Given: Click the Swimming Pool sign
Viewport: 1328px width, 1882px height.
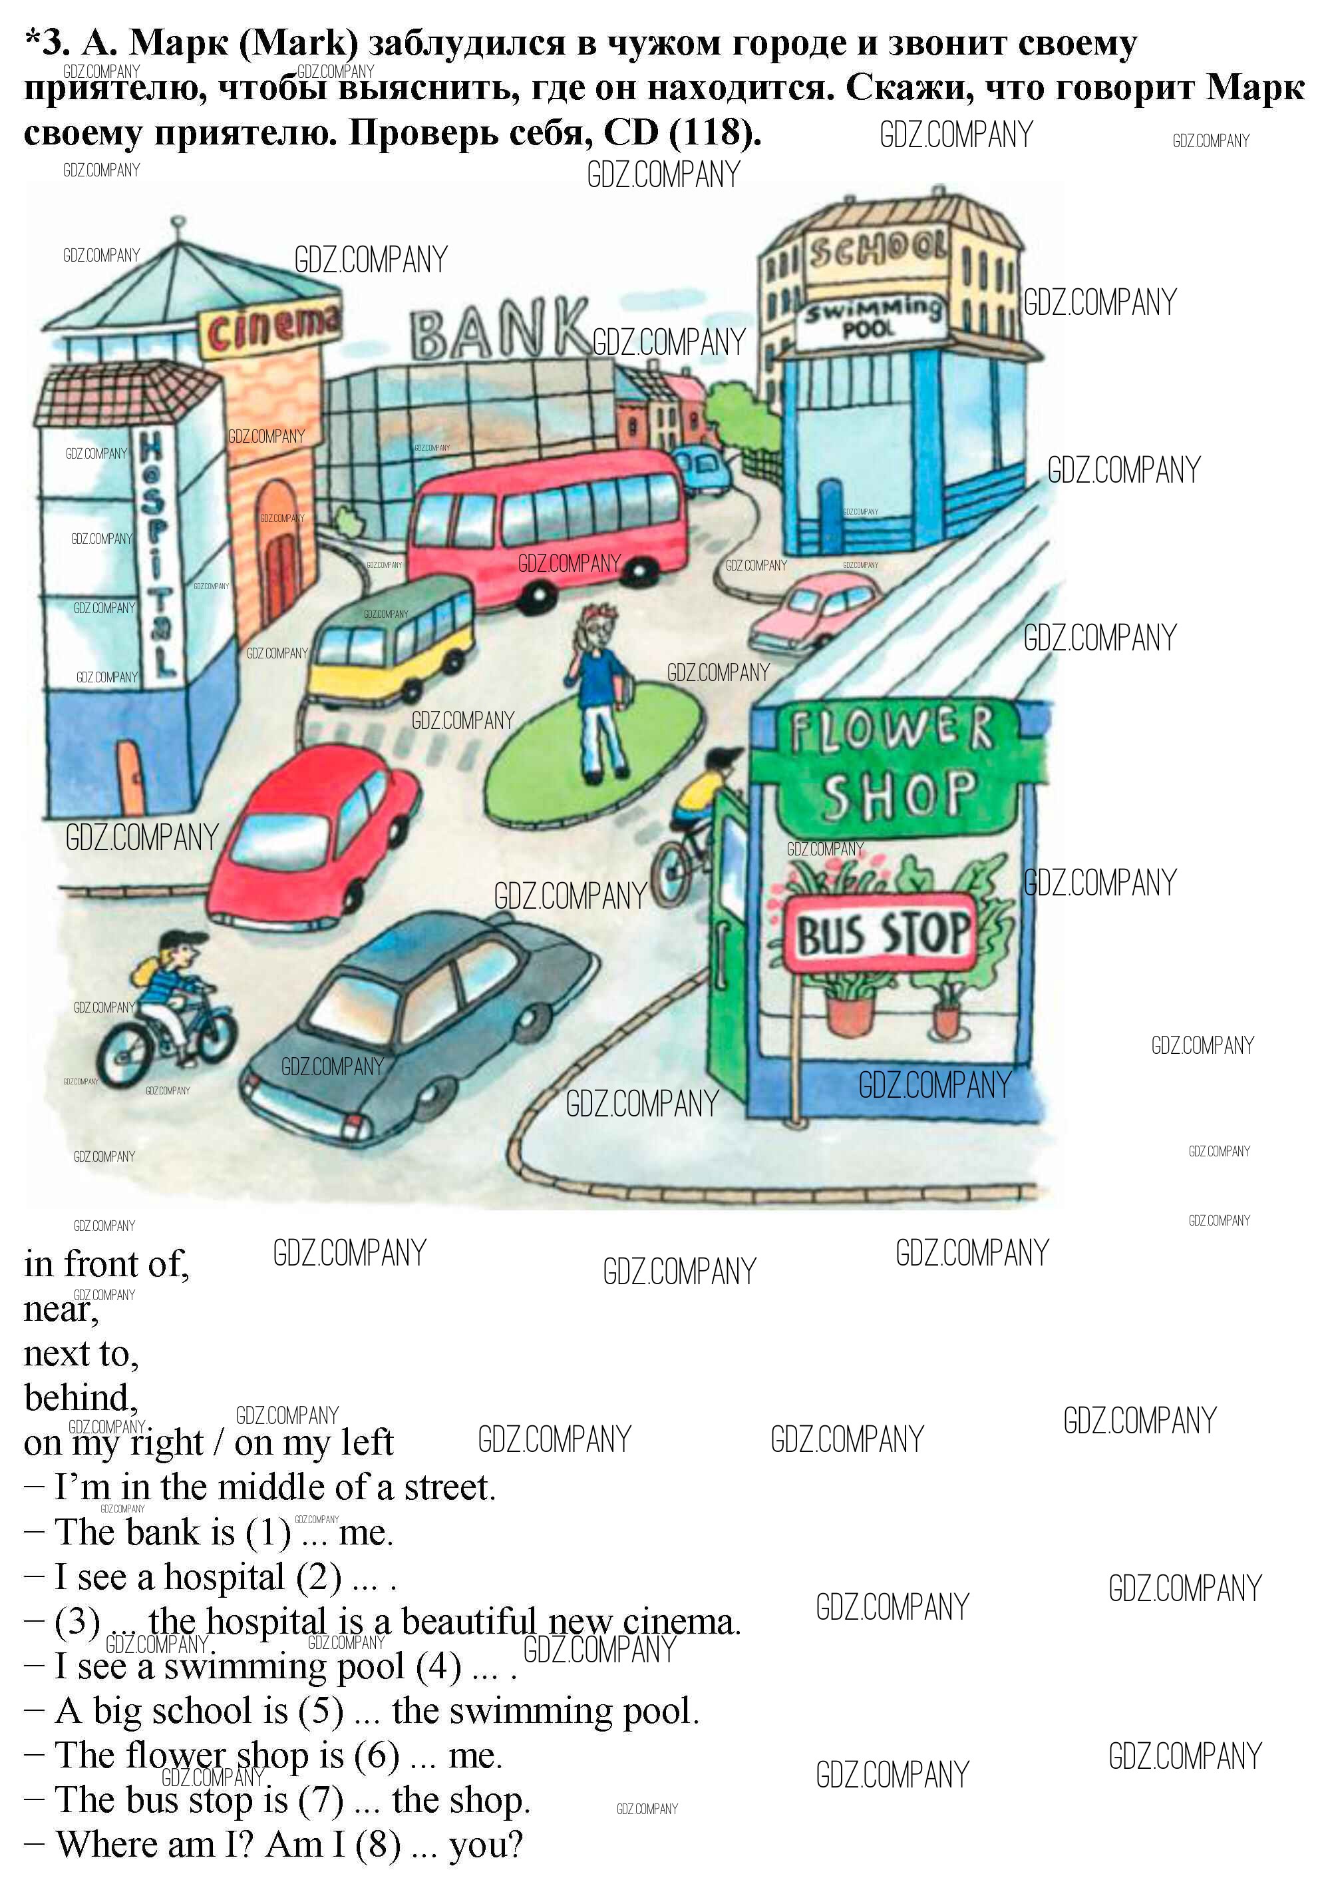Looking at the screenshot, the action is [x=871, y=320].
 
